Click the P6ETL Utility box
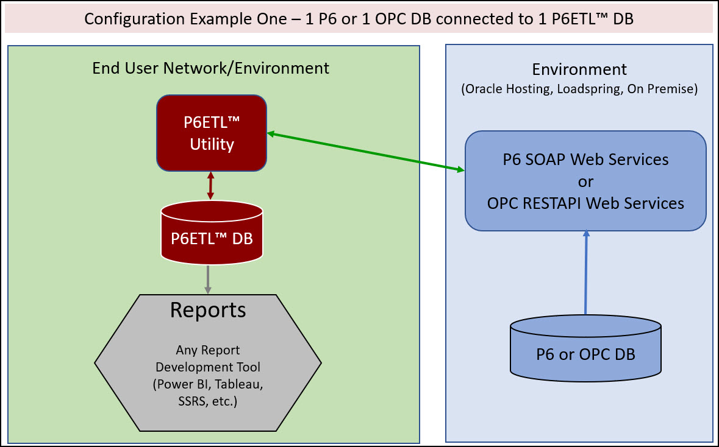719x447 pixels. [211, 132]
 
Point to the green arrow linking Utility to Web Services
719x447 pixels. [365, 152]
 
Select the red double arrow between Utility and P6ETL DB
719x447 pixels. [210, 186]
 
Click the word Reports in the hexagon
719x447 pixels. [208, 310]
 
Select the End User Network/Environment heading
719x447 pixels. [210, 68]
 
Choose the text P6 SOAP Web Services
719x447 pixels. [585, 160]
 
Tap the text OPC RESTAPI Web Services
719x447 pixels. [585, 203]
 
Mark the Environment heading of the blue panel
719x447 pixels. [579, 69]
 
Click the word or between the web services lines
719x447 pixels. [585, 181]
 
